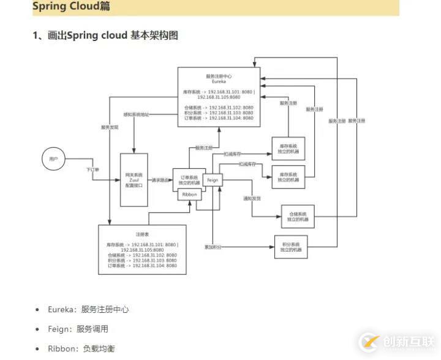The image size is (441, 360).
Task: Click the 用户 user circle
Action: point(53,159)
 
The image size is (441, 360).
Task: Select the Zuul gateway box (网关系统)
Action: point(134,180)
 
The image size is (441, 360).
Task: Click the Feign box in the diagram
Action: point(213,180)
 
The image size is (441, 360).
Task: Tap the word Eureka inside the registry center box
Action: point(219,81)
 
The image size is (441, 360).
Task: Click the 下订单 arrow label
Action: point(92,169)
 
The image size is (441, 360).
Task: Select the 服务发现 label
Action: point(110,127)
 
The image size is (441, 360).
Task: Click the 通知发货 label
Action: point(252,198)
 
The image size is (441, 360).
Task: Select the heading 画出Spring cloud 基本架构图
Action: point(105,36)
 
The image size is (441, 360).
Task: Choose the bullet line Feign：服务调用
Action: point(78,329)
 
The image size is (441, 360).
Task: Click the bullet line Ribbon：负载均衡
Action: point(81,348)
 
